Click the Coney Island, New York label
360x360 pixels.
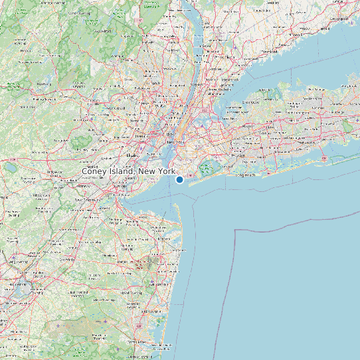pos(128,171)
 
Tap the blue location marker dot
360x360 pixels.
pos(179,179)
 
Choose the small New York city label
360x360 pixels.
pos(175,143)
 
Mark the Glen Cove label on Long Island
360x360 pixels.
pos(251,103)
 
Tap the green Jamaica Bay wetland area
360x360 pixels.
pos(207,167)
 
